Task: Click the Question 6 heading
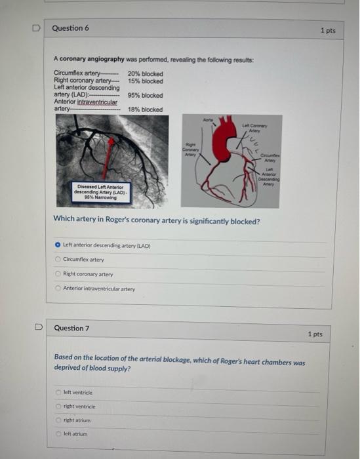coord(70,28)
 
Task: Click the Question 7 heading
coord(71,329)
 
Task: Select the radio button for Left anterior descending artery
coord(58,245)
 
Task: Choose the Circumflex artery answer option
coord(58,259)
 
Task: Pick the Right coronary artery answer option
coord(58,274)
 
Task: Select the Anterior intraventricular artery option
coord(58,289)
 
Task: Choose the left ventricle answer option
coord(58,392)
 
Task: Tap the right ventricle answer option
coord(58,407)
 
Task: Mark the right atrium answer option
coord(58,420)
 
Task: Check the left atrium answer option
coord(58,434)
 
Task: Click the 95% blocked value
coord(145,96)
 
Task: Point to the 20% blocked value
coord(145,74)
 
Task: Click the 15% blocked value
coord(145,81)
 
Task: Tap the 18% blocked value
coord(145,110)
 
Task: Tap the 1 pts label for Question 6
coord(328,31)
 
